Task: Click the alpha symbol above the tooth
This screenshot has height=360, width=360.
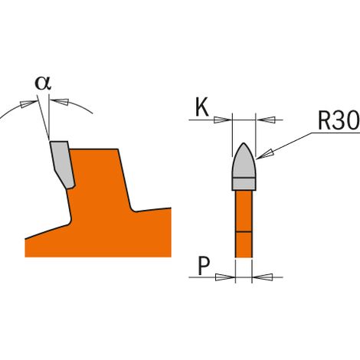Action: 43,83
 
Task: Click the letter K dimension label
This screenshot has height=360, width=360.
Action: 201,108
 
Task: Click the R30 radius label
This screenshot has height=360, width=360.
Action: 339,121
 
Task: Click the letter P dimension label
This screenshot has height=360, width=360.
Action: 204,266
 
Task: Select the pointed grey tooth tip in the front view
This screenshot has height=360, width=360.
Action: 244,160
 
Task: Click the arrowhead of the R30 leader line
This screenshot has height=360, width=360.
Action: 264,154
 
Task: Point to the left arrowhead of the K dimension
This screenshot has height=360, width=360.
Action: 222,119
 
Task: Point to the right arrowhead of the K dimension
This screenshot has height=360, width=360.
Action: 265,119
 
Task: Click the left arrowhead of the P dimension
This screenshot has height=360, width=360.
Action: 225,277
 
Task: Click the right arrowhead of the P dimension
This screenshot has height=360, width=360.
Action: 263,277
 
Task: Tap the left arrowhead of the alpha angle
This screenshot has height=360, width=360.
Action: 28,104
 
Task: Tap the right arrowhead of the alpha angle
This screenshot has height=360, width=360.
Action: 60,102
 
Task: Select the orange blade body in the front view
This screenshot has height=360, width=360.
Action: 244,224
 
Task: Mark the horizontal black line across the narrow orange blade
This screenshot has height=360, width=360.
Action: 244,232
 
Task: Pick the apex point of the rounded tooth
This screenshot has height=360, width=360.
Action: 244,142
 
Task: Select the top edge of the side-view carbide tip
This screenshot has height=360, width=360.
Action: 59,141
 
